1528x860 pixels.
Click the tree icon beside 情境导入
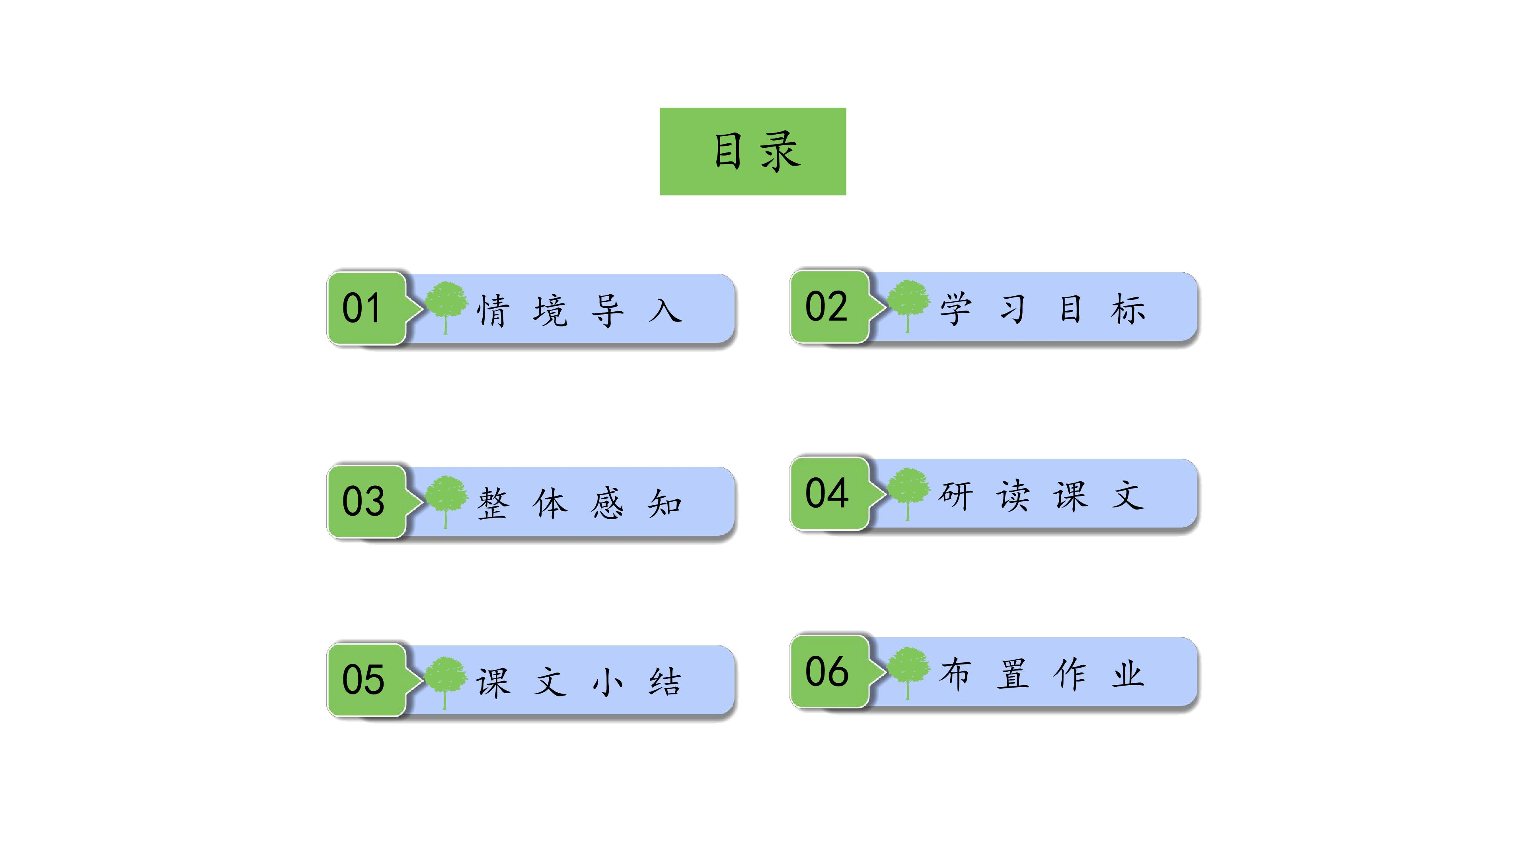pos(446,307)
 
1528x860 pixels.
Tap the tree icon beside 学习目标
pos(908,306)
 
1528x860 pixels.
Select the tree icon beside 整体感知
pos(446,502)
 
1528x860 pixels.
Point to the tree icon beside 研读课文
pos(908,494)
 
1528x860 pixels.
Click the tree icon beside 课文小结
pos(446,682)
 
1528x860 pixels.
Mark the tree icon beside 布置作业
pos(908,673)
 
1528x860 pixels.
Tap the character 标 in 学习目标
pos(1128,309)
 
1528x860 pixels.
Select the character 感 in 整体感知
pos(607,504)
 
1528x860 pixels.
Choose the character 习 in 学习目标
pos(1013,309)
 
